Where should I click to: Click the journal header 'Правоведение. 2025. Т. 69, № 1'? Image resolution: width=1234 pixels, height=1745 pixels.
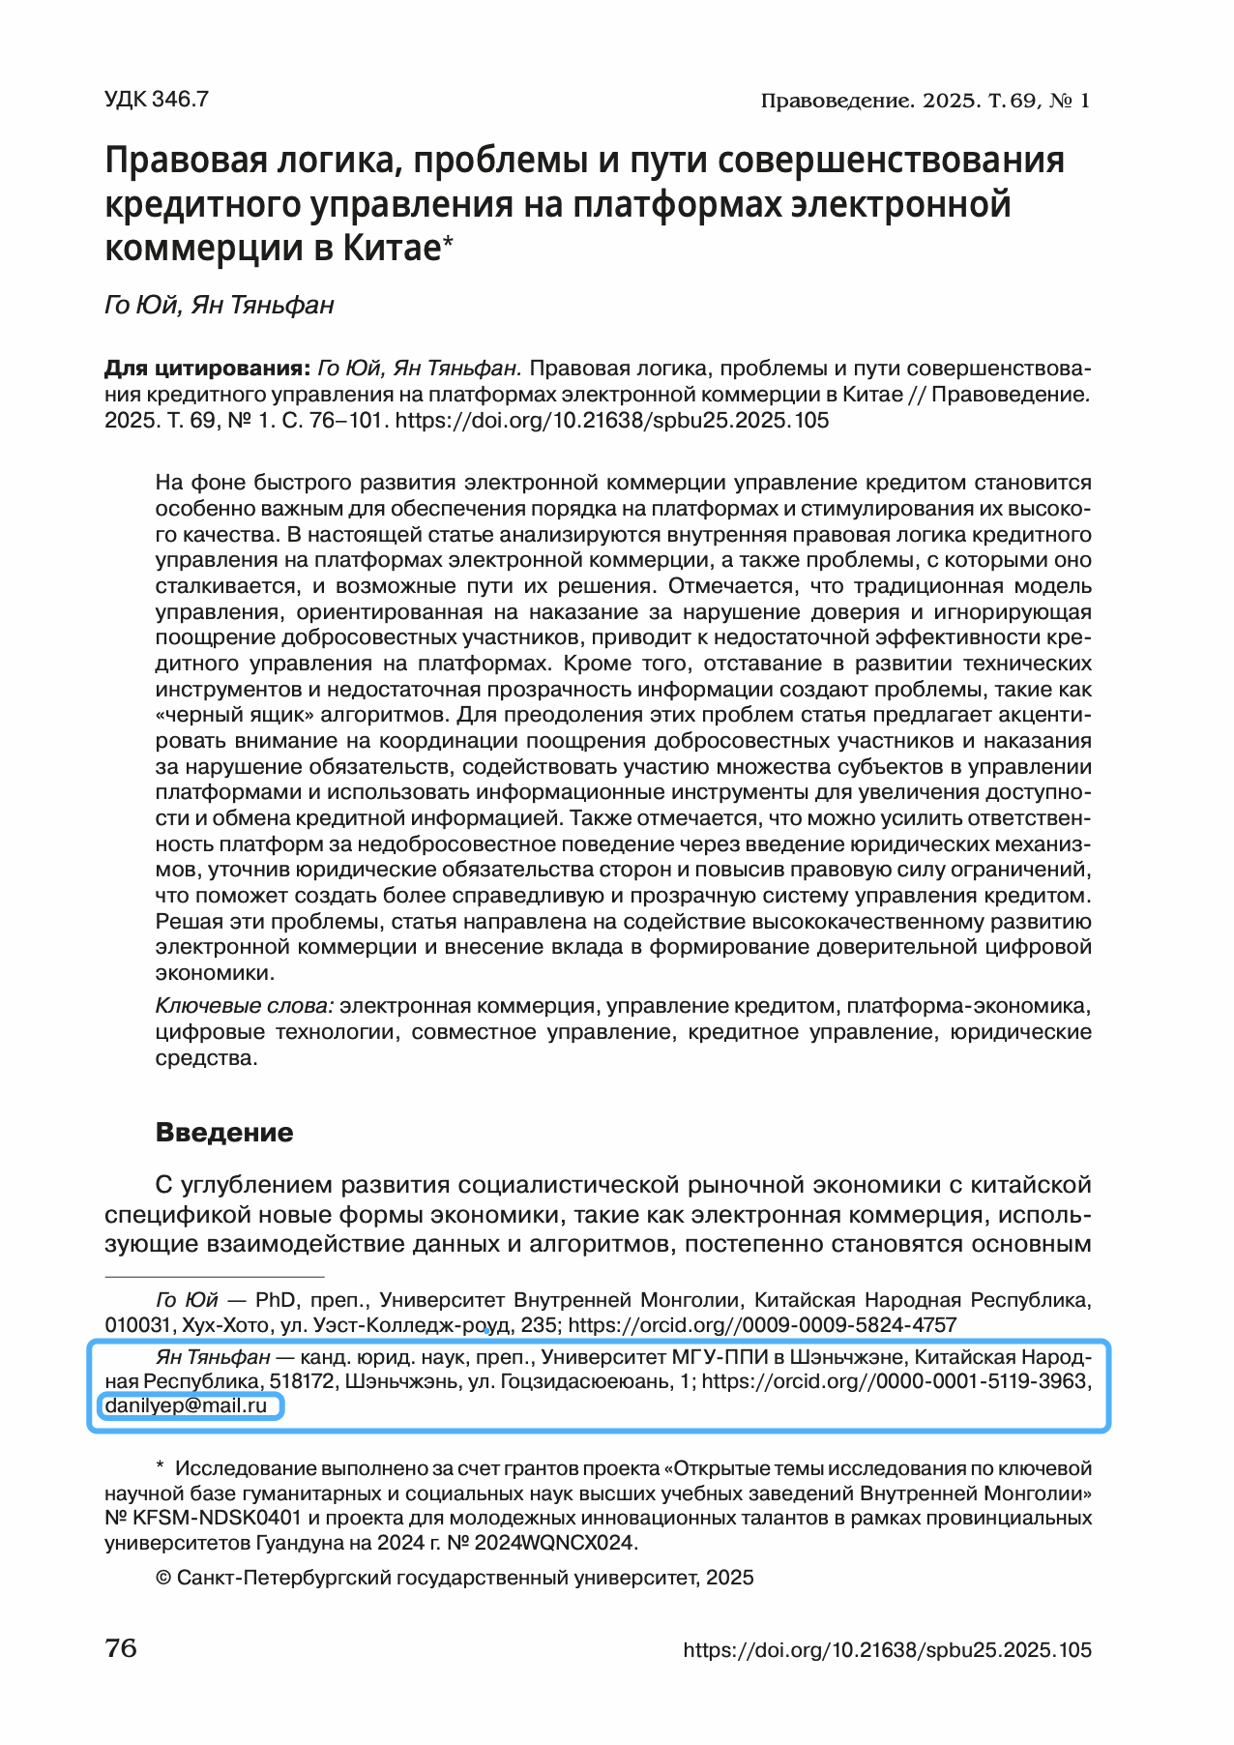coord(925,101)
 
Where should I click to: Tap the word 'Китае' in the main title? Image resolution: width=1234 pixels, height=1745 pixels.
coord(391,249)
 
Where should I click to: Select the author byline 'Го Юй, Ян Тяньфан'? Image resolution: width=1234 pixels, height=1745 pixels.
coord(219,306)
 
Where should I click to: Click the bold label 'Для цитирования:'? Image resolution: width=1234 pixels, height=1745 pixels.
coord(207,370)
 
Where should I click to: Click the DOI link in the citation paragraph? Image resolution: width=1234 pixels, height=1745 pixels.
coord(612,421)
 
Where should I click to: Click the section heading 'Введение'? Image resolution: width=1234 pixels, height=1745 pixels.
coord(224,1132)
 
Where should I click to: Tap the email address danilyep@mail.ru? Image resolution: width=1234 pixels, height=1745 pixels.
coord(186,1405)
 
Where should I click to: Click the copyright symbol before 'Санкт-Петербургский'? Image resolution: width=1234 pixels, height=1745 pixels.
coord(163,1579)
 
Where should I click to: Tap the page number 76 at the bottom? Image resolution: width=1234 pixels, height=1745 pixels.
coord(121,1648)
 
